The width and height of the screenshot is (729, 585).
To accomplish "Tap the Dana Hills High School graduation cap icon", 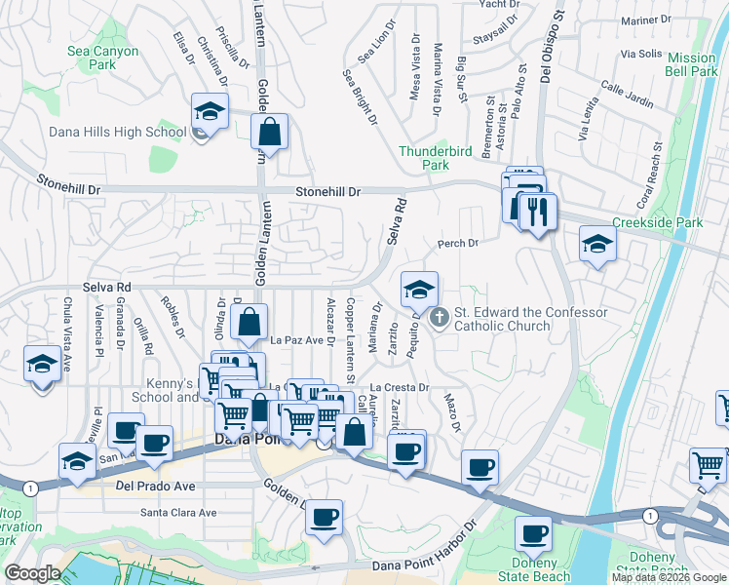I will tap(210, 112).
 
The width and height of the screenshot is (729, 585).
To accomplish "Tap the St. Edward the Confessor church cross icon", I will tap(439, 317).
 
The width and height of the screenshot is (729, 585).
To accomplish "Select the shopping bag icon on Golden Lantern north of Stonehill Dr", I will tap(270, 132).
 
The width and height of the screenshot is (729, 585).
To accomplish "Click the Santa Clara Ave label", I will tap(178, 513).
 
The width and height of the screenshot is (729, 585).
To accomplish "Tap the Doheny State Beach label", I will tap(534, 570).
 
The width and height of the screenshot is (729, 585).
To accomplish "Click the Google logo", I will tap(32, 573).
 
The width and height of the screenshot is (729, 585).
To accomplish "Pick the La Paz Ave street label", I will tap(296, 340).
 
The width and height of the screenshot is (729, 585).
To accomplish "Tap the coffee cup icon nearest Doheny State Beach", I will tap(534, 533).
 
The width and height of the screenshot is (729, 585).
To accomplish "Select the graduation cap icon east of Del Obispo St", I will tap(597, 244).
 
